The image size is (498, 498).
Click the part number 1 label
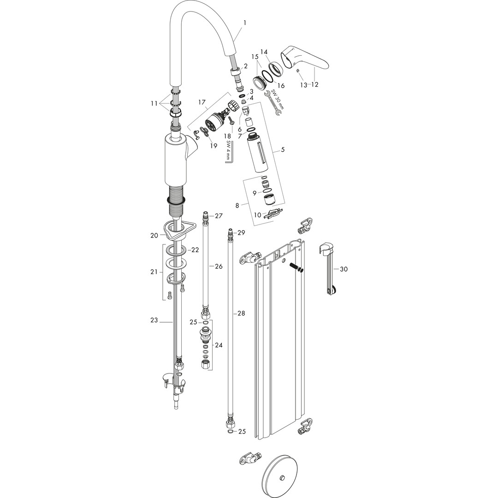(245, 23)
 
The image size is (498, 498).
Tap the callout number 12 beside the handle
(315, 85)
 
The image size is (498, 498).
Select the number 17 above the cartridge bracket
(202, 102)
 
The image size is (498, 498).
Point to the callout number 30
(344, 269)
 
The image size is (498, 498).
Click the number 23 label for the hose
(154, 320)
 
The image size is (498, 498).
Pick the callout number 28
(241, 314)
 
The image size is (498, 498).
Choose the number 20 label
(154, 235)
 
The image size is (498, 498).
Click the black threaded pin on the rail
(296, 267)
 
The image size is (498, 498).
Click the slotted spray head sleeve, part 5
(258, 153)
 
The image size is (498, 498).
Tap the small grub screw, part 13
(298, 71)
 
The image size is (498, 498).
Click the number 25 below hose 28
(242, 431)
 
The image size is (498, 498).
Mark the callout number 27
(219, 216)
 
